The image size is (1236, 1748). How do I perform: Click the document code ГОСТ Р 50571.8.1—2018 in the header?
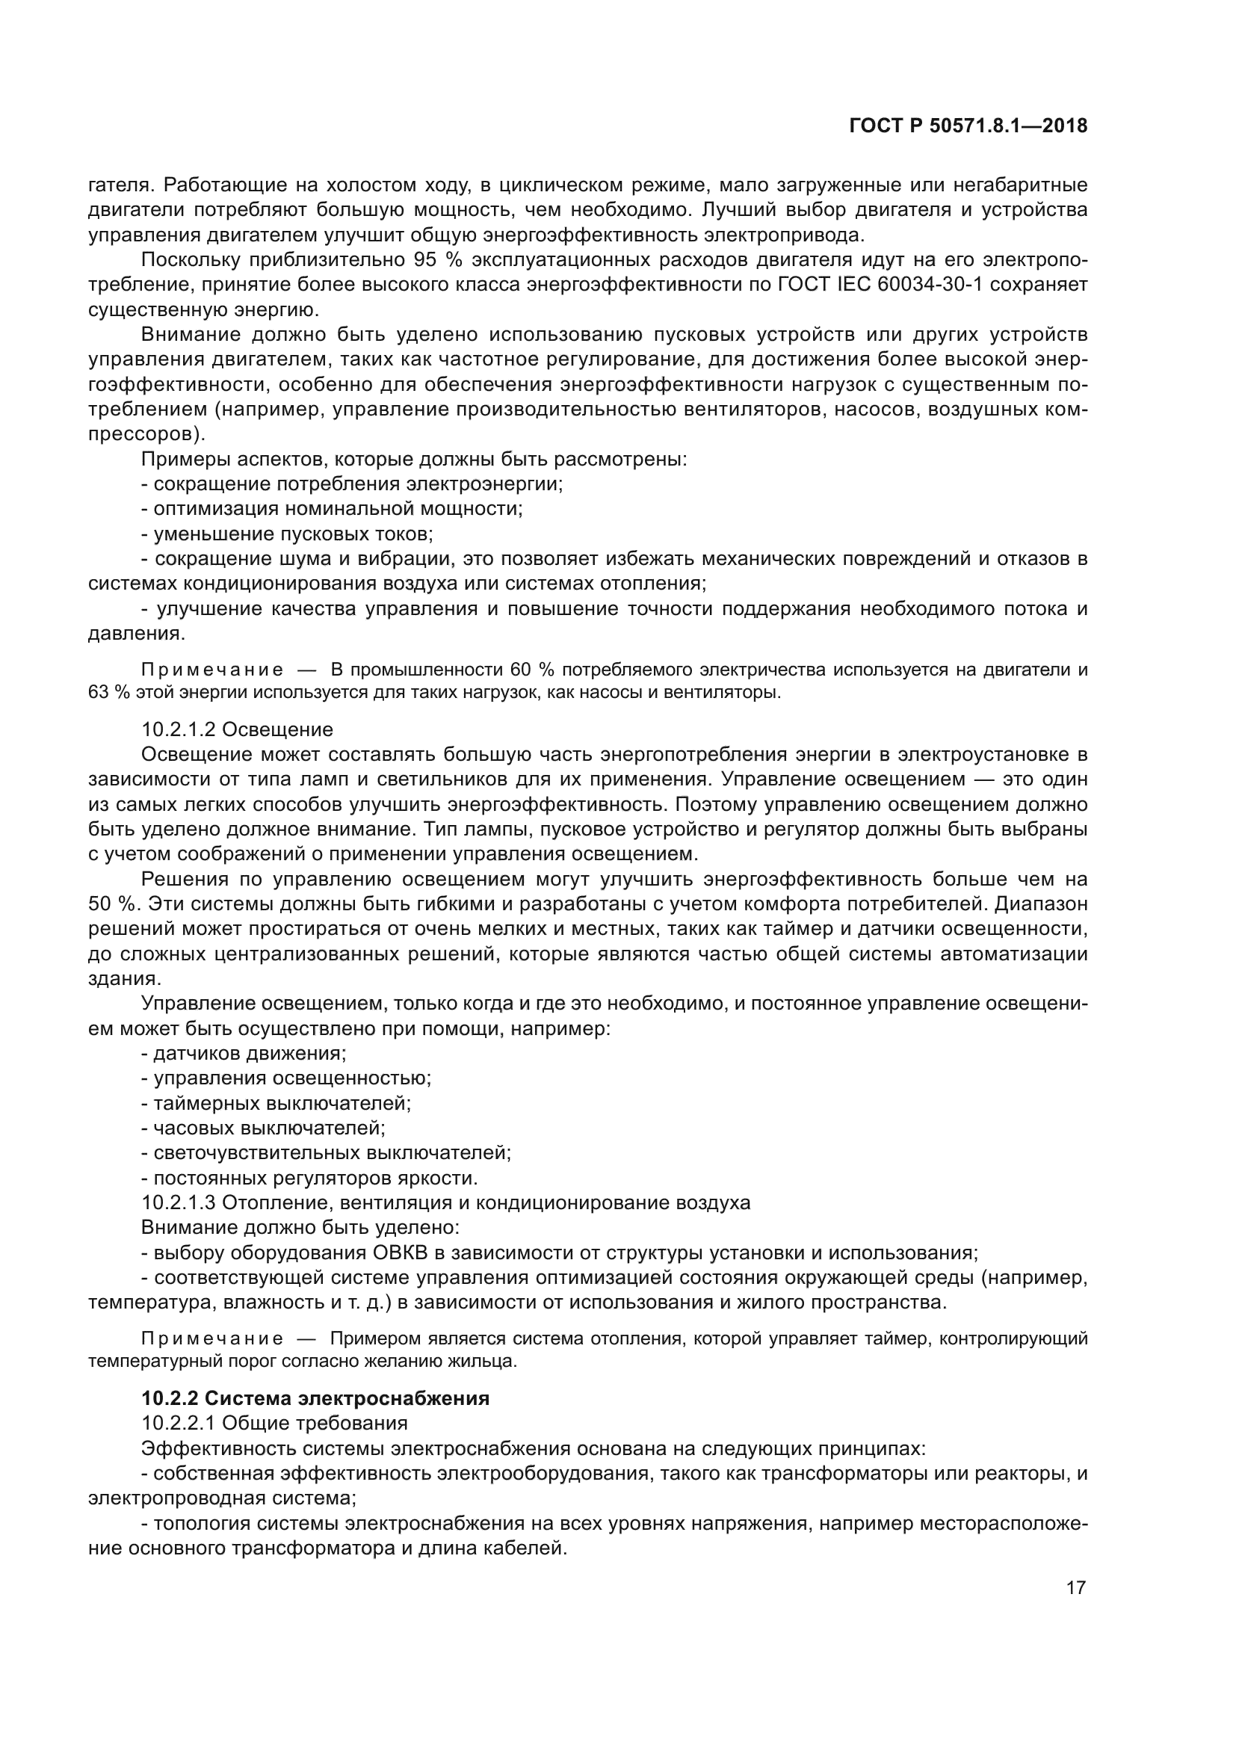pyautogui.click(x=967, y=126)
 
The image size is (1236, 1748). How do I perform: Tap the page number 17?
pyautogui.click(x=1075, y=1587)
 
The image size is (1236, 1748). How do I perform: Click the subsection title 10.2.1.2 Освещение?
pyautogui.click(x=238, y=729)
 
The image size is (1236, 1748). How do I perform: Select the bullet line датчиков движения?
pyautogui.click(x=244, y=1053)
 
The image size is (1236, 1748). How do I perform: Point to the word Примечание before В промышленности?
pyautogui.click(x=212, y=670)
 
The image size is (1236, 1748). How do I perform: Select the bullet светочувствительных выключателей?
pyautogui.click(x=327, y=1152)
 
